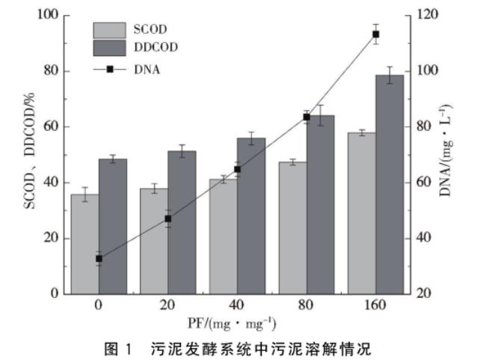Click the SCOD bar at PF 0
click(x=84, y=244)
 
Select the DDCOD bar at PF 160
click(x=390, y=184)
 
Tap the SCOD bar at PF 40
click(x=223, y=237)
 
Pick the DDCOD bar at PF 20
click(x=182, y=222)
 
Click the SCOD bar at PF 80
click(x=292, y=228)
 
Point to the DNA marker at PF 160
click(x=375, y=34)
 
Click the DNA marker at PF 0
click(x=99, y=258)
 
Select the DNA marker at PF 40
click(x=237, y=169)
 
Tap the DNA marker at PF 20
click(x=168, y=219)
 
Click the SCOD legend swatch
click(x=109, y=30)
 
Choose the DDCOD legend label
click(x=158, y=48)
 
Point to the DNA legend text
click(x=149, y=70)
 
